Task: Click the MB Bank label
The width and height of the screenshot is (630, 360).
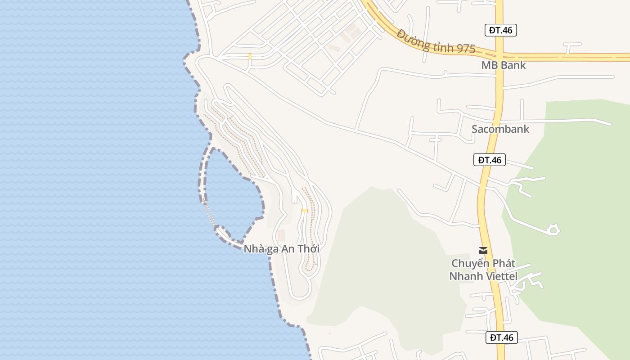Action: [503, 65]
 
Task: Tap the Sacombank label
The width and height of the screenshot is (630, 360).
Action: [500, 130]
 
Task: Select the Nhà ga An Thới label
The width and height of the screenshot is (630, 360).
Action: [281, 249]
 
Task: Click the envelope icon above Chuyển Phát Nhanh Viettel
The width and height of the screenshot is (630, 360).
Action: [483, 251]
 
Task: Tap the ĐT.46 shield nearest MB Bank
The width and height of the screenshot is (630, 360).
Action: [500, 30]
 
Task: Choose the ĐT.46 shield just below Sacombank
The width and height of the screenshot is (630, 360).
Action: [489, 160]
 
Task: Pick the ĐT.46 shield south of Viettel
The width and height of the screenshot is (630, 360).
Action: [501, 337]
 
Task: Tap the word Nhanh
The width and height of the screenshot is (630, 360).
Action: [465, 276]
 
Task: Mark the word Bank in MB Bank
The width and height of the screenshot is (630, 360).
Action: [513, 65]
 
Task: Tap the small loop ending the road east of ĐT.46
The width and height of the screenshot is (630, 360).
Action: [553, 230]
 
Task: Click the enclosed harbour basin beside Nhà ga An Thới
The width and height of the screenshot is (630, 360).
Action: [232, 193]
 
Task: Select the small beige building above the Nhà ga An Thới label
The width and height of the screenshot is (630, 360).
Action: [281, 235]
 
